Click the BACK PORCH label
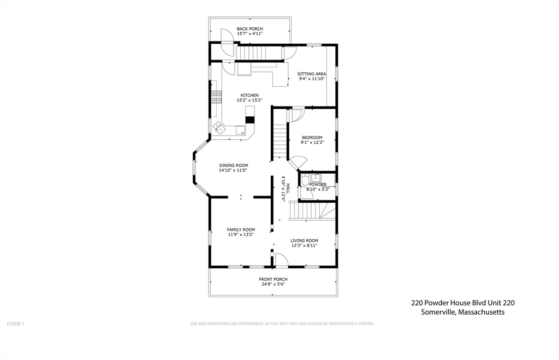(x=249, y=28)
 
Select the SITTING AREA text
(x=312, y=74)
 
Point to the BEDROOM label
(x=312, y=138)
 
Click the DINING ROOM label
(x=234, y=165)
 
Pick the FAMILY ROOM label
(x=241, y=229)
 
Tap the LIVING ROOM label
(x=304, y=240)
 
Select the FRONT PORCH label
(x=273, y=279)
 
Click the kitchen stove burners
(x=217, y=97)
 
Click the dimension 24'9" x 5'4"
(x=273, y=284)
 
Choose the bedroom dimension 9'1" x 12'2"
(x=312, y=143)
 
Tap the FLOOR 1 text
(x=15, y=324)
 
